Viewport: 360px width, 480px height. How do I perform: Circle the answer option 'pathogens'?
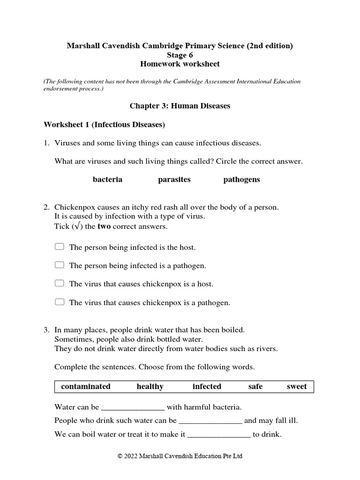coord(241,180)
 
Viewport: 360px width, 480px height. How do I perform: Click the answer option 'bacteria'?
coord(107,180)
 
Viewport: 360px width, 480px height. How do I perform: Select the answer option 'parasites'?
coord(174,180)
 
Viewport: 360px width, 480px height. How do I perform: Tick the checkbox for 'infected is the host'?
coord(59,247)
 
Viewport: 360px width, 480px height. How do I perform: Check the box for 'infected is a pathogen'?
coord(59,265)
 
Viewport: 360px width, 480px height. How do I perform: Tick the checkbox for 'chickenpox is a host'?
coord(59,284)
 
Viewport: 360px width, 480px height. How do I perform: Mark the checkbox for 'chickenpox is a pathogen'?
coord(59,302)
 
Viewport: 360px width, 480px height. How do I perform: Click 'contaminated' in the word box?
coord(86,386)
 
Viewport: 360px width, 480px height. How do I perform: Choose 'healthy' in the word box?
coord(150,386)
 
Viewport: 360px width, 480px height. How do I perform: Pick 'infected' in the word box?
coord(207,386)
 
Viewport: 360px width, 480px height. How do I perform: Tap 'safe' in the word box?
coord(255,386)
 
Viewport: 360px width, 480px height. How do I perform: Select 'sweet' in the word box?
coord(297,386)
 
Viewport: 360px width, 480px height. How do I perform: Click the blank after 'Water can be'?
coord(133,408)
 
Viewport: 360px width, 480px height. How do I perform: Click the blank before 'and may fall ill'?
coord(210,421)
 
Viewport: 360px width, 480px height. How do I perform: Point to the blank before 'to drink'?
coord(219,435)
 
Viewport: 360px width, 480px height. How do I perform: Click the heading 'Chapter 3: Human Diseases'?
coord(180,106)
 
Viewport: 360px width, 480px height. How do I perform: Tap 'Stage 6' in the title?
coord(180,55)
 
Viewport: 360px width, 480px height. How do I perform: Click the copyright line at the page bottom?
coord(180,456)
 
